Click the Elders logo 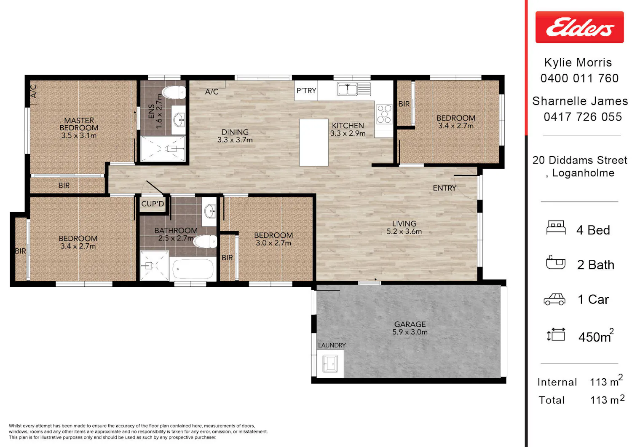click(x=579, y=27)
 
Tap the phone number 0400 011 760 click(x=579, y=78)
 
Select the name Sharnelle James click(x=580, y=101)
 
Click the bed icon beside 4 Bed click(x=556, y=227)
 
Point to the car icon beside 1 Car click(x=554, y=299)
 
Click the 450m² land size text click(x=596, y=336)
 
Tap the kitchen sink click(x=353, y=89)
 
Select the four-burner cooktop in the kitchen click(x=384, y=114)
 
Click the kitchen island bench click(x=313, y=142)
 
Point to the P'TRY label click(x=306, y=91)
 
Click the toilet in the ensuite click(x=174, y=92)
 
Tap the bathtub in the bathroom click(x=193, y=269)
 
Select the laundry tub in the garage click(x=330, y=364)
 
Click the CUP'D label click(x=153, y=204)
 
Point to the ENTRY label click(x=445, y=188)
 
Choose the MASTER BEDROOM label click(x=79, y=124)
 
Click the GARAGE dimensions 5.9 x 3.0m click(x=410, y=332)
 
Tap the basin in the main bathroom click(x=209, y=211)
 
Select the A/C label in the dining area click(x=212, y=92)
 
